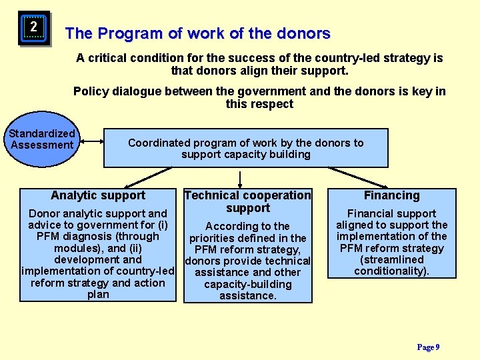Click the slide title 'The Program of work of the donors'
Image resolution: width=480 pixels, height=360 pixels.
click(197, 33)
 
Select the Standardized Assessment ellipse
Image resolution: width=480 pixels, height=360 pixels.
click(43, 139)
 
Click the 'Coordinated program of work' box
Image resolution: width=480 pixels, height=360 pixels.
click(246, 148)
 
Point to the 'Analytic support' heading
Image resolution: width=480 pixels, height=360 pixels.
click(98, 195)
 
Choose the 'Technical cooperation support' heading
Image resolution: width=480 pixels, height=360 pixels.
click(247, 201)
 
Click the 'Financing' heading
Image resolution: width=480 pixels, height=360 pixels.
click(391, 195)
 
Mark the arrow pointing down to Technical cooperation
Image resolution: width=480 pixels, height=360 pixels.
click(240, 178)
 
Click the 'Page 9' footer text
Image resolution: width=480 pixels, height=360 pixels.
click(428, 347)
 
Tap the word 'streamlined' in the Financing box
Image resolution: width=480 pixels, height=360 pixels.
click(391, 259)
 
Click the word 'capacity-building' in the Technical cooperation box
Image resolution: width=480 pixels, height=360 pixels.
click(248, 284)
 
